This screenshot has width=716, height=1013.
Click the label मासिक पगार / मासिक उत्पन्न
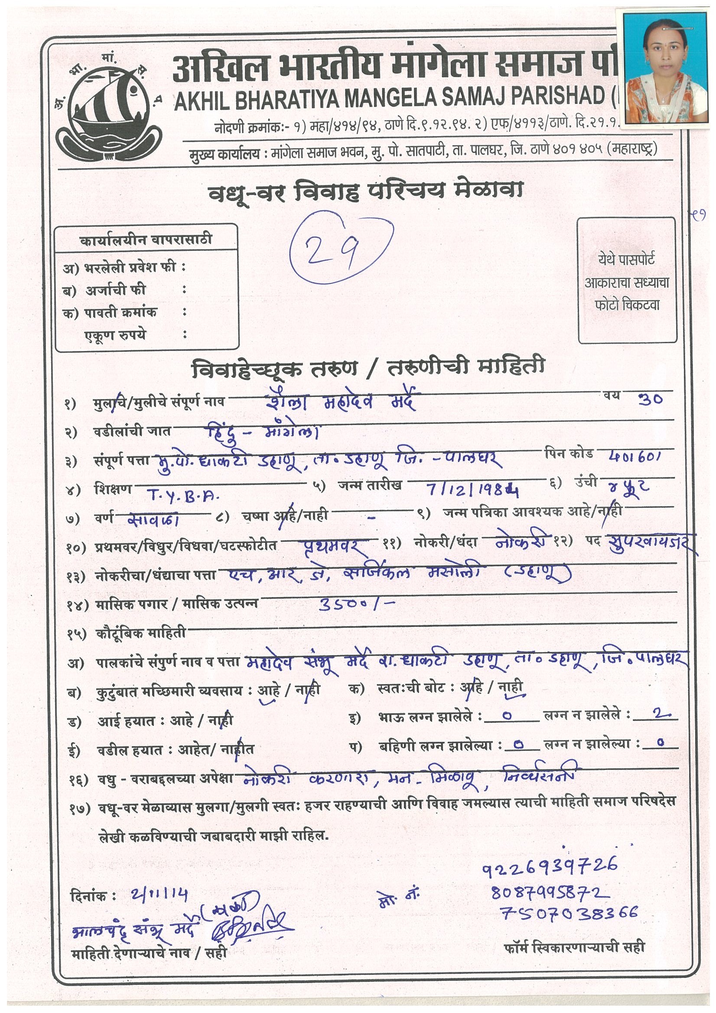[176, 605]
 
